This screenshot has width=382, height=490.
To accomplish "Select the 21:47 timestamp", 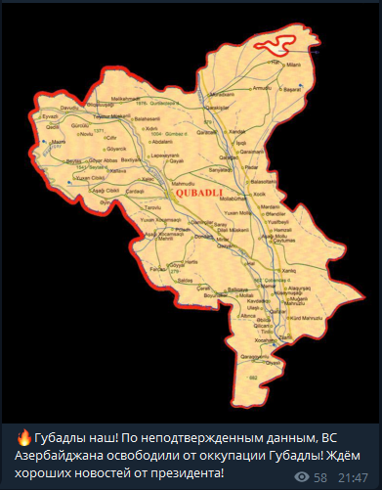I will click(352, 476).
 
